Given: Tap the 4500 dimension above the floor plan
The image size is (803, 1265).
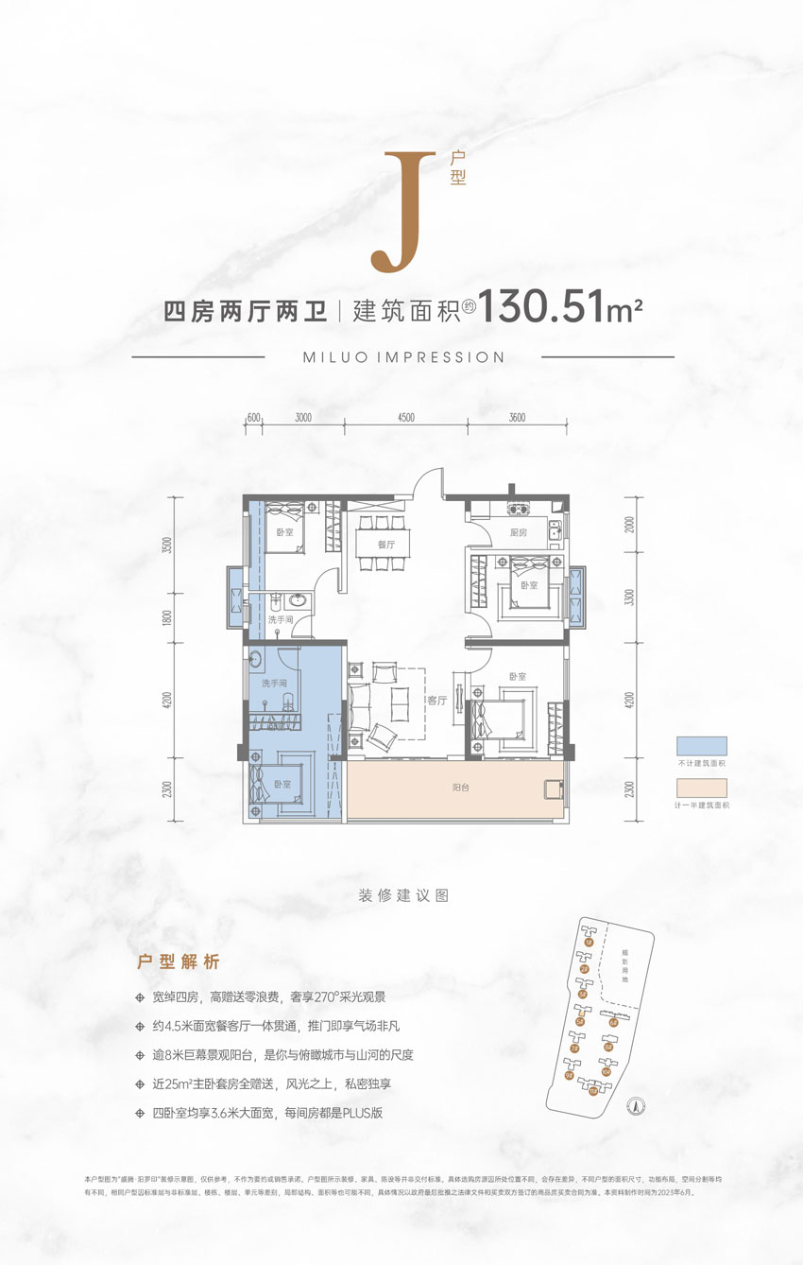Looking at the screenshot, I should click(406, 417).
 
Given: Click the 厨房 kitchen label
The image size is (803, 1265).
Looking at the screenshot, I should click(518, 532).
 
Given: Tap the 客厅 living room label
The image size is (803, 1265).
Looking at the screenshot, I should click(435, 701).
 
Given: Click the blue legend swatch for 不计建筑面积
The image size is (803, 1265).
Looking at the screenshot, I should click(701, 746).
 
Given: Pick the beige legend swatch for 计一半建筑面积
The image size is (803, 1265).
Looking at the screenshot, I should click(701, 788).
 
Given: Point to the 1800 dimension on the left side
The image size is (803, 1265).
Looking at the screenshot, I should click(167, 619).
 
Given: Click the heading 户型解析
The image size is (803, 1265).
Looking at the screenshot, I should click(179, 962).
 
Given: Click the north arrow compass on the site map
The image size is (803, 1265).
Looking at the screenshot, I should click(637, 1101).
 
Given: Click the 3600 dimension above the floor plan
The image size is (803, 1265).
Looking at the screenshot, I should click(516, 417).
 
